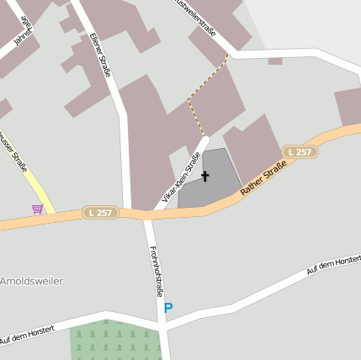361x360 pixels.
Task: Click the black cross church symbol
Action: pyautogui.click(x=204, y=177)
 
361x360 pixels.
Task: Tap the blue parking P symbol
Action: pyautogui.click(x=168, y=309)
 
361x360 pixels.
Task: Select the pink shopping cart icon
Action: pyautogui.click(x=37, y=209)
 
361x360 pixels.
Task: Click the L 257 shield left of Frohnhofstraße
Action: pyautogui.click(x=100, y=213)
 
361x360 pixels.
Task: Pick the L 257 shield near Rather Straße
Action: pyautogui.click(x=300, y=152)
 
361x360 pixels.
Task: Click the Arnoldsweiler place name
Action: pyautogui.click(x=31, y=281)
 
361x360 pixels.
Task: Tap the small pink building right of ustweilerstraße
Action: pyautogui.click(x=275, y=61)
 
